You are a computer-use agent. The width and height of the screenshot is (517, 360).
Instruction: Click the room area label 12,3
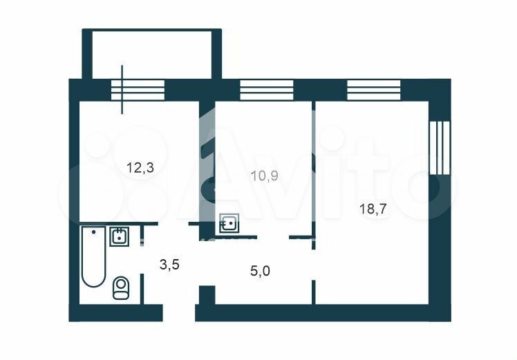[140, 168]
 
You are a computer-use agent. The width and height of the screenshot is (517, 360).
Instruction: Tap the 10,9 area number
[265, 176]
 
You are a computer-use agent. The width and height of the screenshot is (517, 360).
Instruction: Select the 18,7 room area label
[373, 209]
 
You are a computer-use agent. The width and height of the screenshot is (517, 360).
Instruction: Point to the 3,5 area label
[169, 265]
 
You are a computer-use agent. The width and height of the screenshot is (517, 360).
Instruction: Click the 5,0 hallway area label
[261, 272]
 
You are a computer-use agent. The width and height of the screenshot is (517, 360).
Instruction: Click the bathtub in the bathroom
[93, 256]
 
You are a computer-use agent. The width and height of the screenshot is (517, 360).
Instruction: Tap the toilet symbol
[121, 288]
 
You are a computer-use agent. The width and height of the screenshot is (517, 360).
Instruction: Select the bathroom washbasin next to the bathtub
[119, 236]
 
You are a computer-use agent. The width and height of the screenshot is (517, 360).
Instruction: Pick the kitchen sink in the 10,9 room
[229, 223]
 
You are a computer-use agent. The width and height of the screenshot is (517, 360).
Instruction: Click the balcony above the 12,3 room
[151, 55]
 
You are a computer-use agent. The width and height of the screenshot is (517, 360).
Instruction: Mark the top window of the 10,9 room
[266, 90]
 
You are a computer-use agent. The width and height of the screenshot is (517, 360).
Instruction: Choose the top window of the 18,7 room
[374, 90]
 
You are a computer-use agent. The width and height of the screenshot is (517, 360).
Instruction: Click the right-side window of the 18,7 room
[440, 147]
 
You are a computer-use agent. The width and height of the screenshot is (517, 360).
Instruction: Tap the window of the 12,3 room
[138, 90]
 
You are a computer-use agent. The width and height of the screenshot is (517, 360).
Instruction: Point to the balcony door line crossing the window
[122, 90]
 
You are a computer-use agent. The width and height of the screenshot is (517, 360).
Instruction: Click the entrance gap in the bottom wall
[179, 313]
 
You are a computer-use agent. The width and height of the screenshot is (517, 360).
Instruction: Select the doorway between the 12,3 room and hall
[173, 223]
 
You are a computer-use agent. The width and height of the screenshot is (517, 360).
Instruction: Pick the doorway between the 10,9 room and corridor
[273, 237]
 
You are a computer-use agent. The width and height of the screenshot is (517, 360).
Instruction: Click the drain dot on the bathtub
[94, 232]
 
